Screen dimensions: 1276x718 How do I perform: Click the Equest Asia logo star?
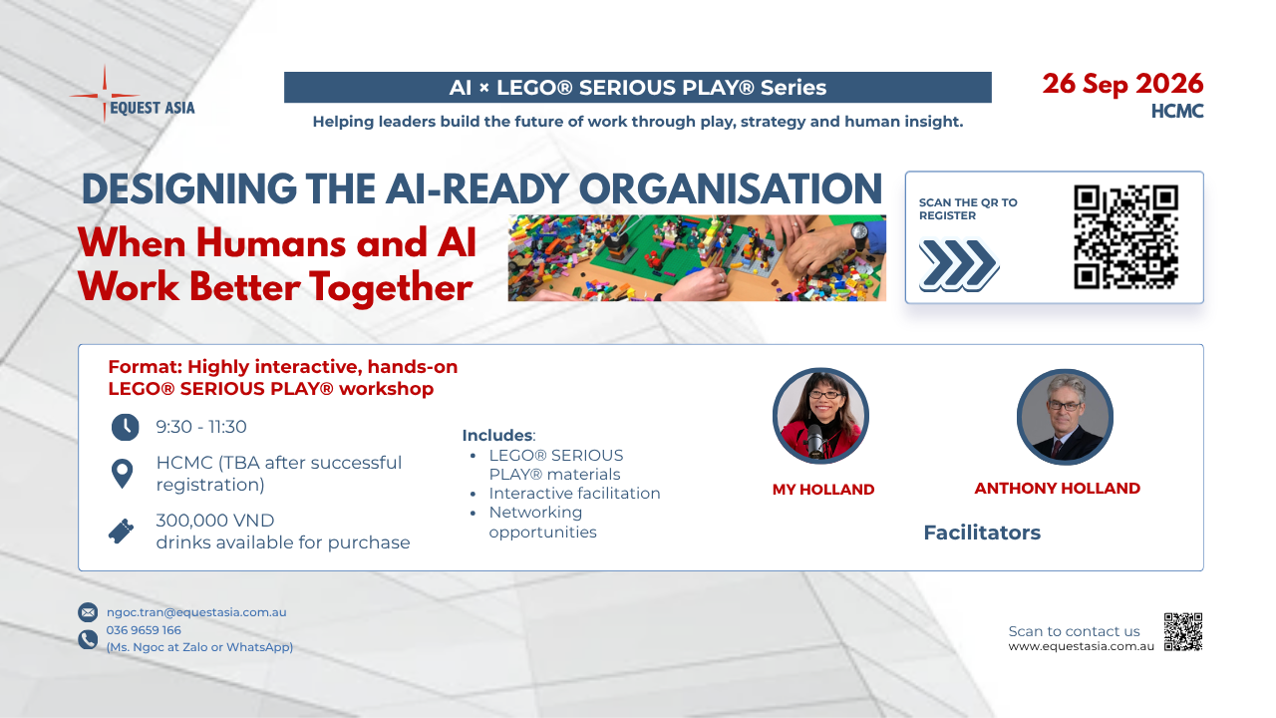point(105,95)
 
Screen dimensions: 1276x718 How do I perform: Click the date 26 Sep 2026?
point(1122,85)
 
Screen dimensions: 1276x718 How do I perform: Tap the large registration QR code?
point(1125,236)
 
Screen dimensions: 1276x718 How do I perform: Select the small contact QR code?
point(1182,631)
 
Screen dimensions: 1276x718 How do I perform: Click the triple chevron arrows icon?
point(958,265)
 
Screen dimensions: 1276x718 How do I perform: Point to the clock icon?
point(125,427)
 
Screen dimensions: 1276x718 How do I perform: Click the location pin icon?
point(122,473)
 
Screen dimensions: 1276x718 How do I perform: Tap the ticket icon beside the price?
point(121,532)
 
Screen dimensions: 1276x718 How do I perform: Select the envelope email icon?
point(88,612)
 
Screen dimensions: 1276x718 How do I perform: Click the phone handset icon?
point(88,639)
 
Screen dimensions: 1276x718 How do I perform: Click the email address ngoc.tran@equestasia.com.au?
point(196,612)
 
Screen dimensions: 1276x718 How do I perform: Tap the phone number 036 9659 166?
point(144,629)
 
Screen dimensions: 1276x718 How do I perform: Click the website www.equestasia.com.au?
point(1082,646)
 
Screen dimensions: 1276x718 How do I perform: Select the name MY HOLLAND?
point(823,489)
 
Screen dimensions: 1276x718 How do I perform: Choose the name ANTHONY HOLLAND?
point(1058,488)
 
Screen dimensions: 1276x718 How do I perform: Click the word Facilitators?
point(982,533)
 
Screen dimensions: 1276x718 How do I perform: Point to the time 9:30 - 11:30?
point(201,426)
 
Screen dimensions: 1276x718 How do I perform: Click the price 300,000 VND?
point(215,520)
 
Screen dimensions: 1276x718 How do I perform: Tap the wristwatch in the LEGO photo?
point(859,234)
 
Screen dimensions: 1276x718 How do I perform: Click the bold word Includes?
point(497,436)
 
